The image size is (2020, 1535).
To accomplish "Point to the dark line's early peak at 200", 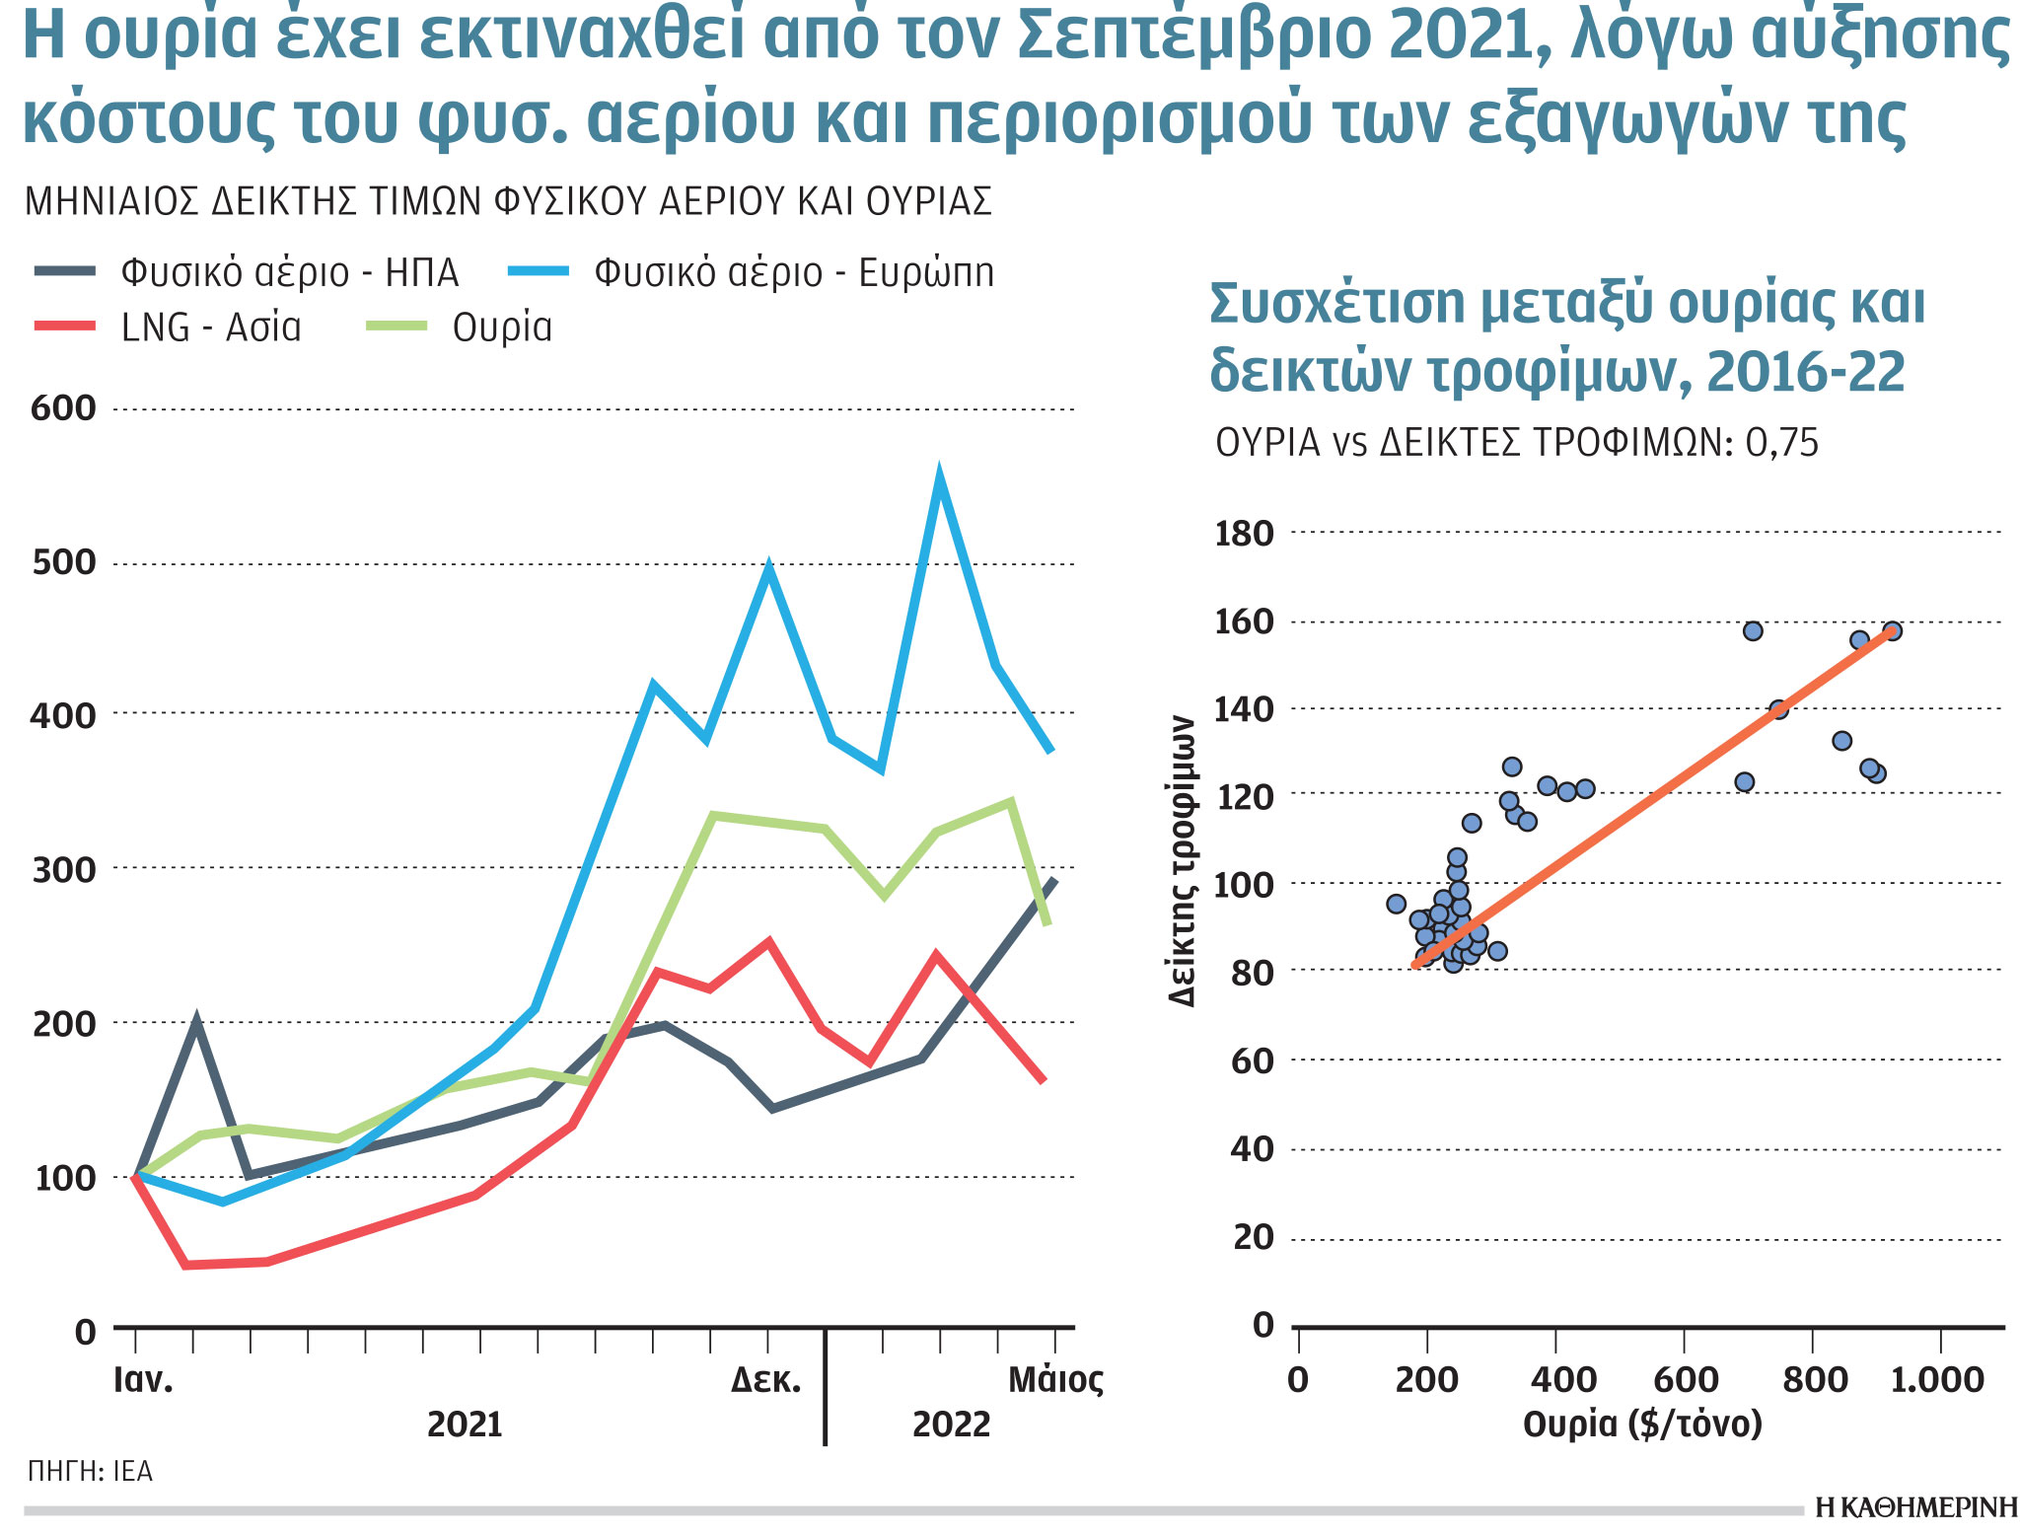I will tap(196, 1020).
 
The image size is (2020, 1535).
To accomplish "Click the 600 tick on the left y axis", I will tap(63, 408).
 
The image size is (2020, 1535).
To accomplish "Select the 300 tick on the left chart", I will tap(63, 870).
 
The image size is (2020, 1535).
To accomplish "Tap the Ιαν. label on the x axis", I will tap(143, 1379).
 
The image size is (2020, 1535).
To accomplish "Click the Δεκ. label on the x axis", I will tap(765, 1379).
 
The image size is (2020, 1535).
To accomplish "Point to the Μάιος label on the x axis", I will tap(1054, 1379).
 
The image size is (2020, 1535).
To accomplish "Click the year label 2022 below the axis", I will tap(950, 1425).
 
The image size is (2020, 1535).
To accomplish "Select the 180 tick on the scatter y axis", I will tap(1245, 534).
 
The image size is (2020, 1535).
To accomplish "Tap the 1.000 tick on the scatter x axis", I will tap(1936, 1379).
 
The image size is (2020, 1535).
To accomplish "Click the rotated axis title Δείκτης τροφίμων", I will tap(1182, 860).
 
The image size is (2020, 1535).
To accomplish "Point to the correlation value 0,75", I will tap(1781, 443).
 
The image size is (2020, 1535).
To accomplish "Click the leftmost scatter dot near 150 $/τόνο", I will tap(1396, 904).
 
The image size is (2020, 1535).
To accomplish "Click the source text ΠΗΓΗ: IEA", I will tap(90, 1472).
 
